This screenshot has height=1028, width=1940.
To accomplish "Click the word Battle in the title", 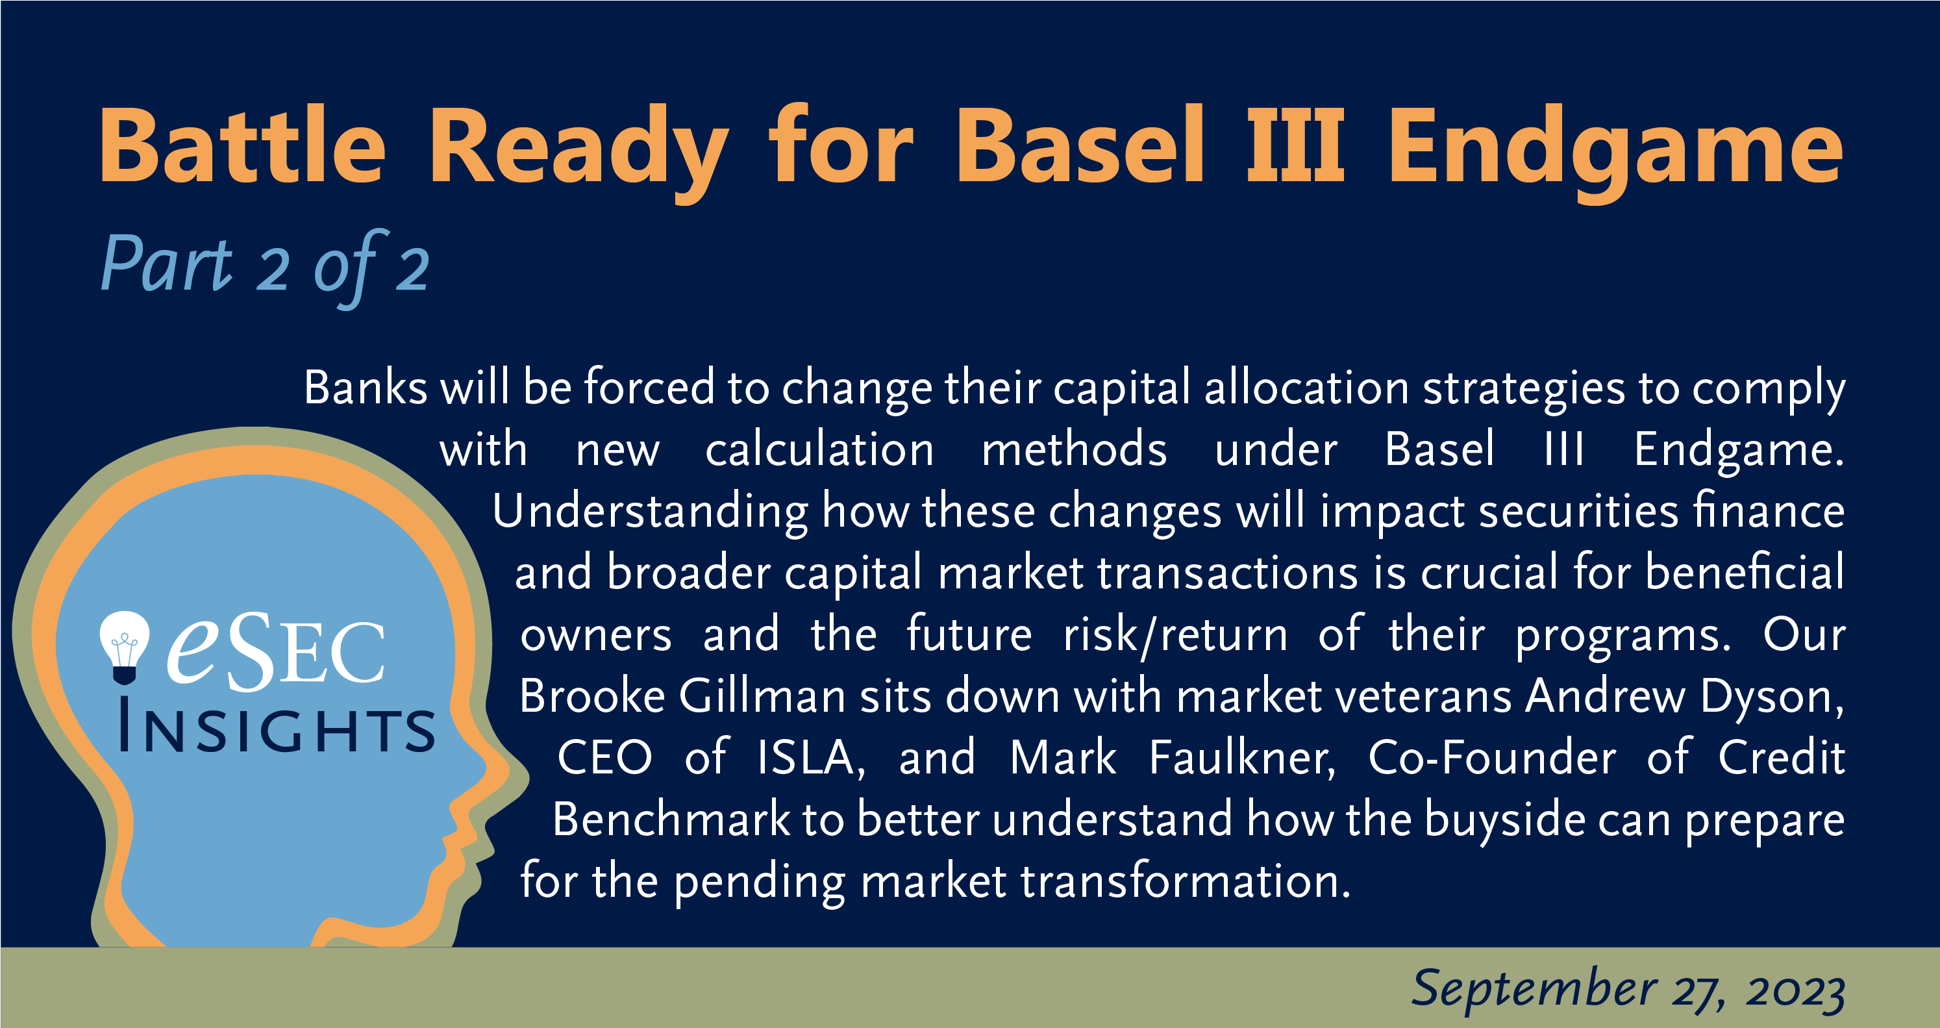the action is pos(243,145).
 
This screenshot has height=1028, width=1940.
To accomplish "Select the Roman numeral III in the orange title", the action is pos(1295,145).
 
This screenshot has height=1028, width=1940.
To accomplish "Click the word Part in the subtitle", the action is pos(168,263).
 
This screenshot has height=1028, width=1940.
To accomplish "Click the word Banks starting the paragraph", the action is pos(366,388).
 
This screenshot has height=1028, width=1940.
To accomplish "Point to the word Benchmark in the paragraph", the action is pos(671,819).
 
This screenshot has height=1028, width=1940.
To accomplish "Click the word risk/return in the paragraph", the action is pos(1176,635).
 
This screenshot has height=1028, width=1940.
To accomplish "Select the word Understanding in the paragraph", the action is pos(650,513).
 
